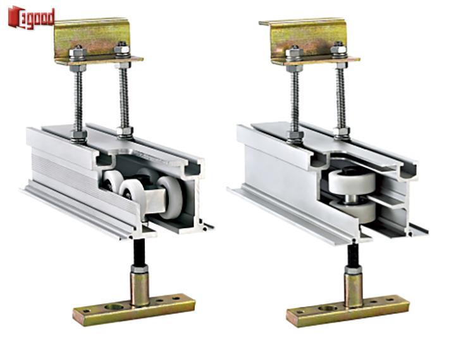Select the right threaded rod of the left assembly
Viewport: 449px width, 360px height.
(x=124, y=97)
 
